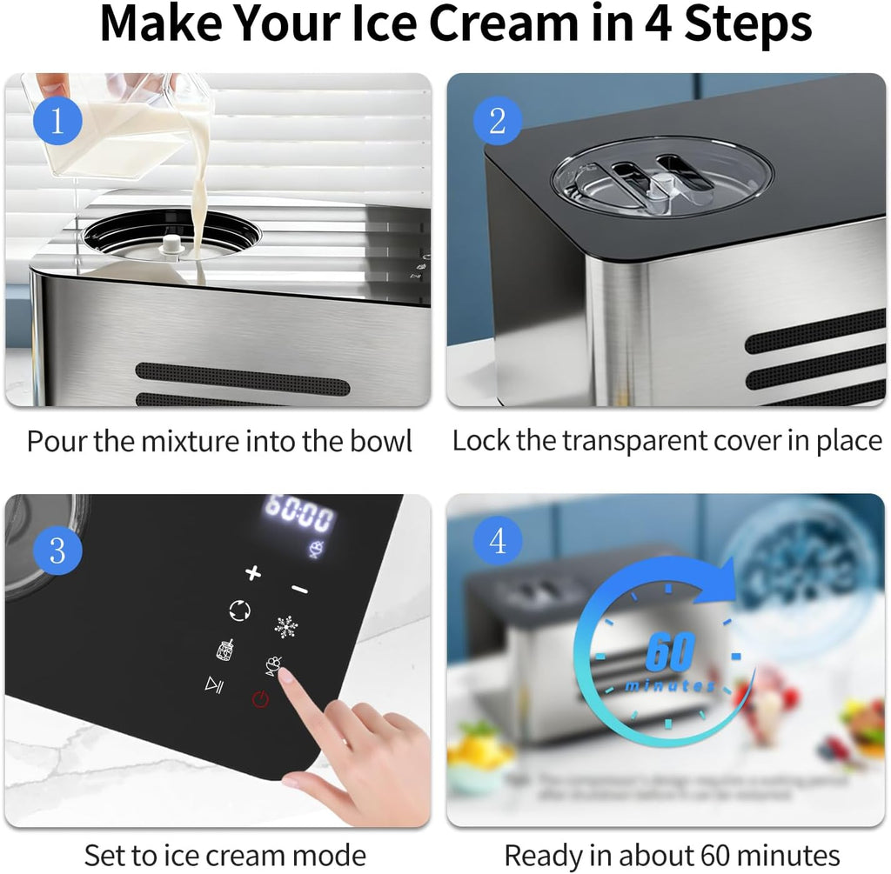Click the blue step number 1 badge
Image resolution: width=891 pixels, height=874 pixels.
tap(57, 120)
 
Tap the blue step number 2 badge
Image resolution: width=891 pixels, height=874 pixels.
tap(497, 120)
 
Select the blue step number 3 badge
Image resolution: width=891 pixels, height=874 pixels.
tap(57, 550)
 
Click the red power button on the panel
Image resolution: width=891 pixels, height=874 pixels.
tap(260, 699)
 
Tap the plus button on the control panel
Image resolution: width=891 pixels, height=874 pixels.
tap(253, 572)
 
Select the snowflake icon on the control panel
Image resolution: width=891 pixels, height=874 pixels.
tap(285, 626)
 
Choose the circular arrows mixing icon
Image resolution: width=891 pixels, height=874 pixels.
tap(239, 610)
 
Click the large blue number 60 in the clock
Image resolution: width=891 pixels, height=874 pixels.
tap(669, 652)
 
